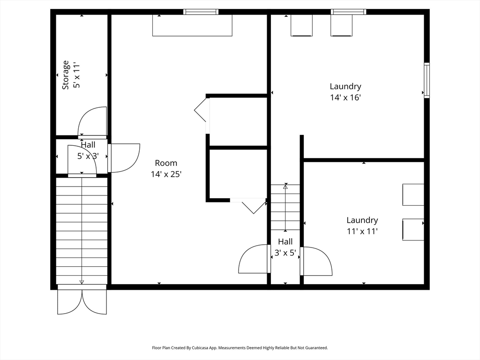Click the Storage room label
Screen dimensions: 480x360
pyautogui.click(x=66, y=75)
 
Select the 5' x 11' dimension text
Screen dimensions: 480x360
pyautogui.click(x=76, y=75)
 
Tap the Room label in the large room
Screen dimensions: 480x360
pyautogui.click(x=166, y=163)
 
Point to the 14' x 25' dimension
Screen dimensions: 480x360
pyautogui.click(x=166, y=174)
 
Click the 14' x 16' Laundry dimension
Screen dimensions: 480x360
pyautogui.click(x=345, y=97)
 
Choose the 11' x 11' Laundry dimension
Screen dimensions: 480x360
pyautogui.click(x=362, y=231)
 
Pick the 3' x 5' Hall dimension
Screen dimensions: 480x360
pyautogui.click(x=285, y=253)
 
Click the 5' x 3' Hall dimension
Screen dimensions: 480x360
pyautogui.click(x=88, y=156)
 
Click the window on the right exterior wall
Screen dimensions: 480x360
pyautogui.click(x=427, y=80)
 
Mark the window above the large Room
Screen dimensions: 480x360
pyautogui.click(x=201, y=12)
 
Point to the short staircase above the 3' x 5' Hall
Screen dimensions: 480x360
pyautogui.click(x=285, y=207)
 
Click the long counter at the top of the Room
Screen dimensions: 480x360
pyautogui.click(x=192, y=25)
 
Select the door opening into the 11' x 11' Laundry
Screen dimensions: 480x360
pyautogui.click(x=316, y=261)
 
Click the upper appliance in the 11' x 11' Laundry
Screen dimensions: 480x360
pyautogui.click(x=413, y=195)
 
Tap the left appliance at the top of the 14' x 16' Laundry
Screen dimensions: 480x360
pyautogui.click(x=301, y=26)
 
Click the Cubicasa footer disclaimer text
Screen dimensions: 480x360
pyautogui.click(x=240, y=348)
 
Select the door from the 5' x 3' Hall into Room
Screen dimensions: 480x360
pyautogui.click(x=124, y=158)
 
